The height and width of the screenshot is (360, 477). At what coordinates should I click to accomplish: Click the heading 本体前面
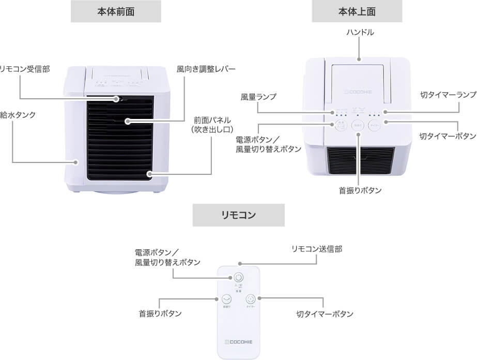[115, 11]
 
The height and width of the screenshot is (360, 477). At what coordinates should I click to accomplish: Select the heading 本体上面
[357, 11]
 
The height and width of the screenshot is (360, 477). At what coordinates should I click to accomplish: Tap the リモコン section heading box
[238, 215]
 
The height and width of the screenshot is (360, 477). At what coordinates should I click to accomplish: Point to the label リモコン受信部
[25, 69]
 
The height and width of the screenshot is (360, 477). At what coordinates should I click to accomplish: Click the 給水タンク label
[18, 115]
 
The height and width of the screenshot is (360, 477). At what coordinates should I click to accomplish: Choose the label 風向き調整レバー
[206, 69]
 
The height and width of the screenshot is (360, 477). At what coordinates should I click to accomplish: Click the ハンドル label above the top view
[360, 33]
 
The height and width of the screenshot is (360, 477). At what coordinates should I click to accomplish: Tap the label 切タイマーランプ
[447, 95]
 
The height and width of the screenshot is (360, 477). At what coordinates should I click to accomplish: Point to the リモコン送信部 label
[316, 249]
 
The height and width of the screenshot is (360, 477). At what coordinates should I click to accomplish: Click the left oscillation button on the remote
[226, 299]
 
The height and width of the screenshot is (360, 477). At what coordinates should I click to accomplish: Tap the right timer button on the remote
[251, 299]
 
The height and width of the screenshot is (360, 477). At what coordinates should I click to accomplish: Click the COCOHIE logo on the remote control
[238, 341]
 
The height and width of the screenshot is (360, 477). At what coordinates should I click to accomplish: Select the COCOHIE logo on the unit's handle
[358, 94]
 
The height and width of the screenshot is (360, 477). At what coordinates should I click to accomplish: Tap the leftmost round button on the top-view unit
[340, 125]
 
